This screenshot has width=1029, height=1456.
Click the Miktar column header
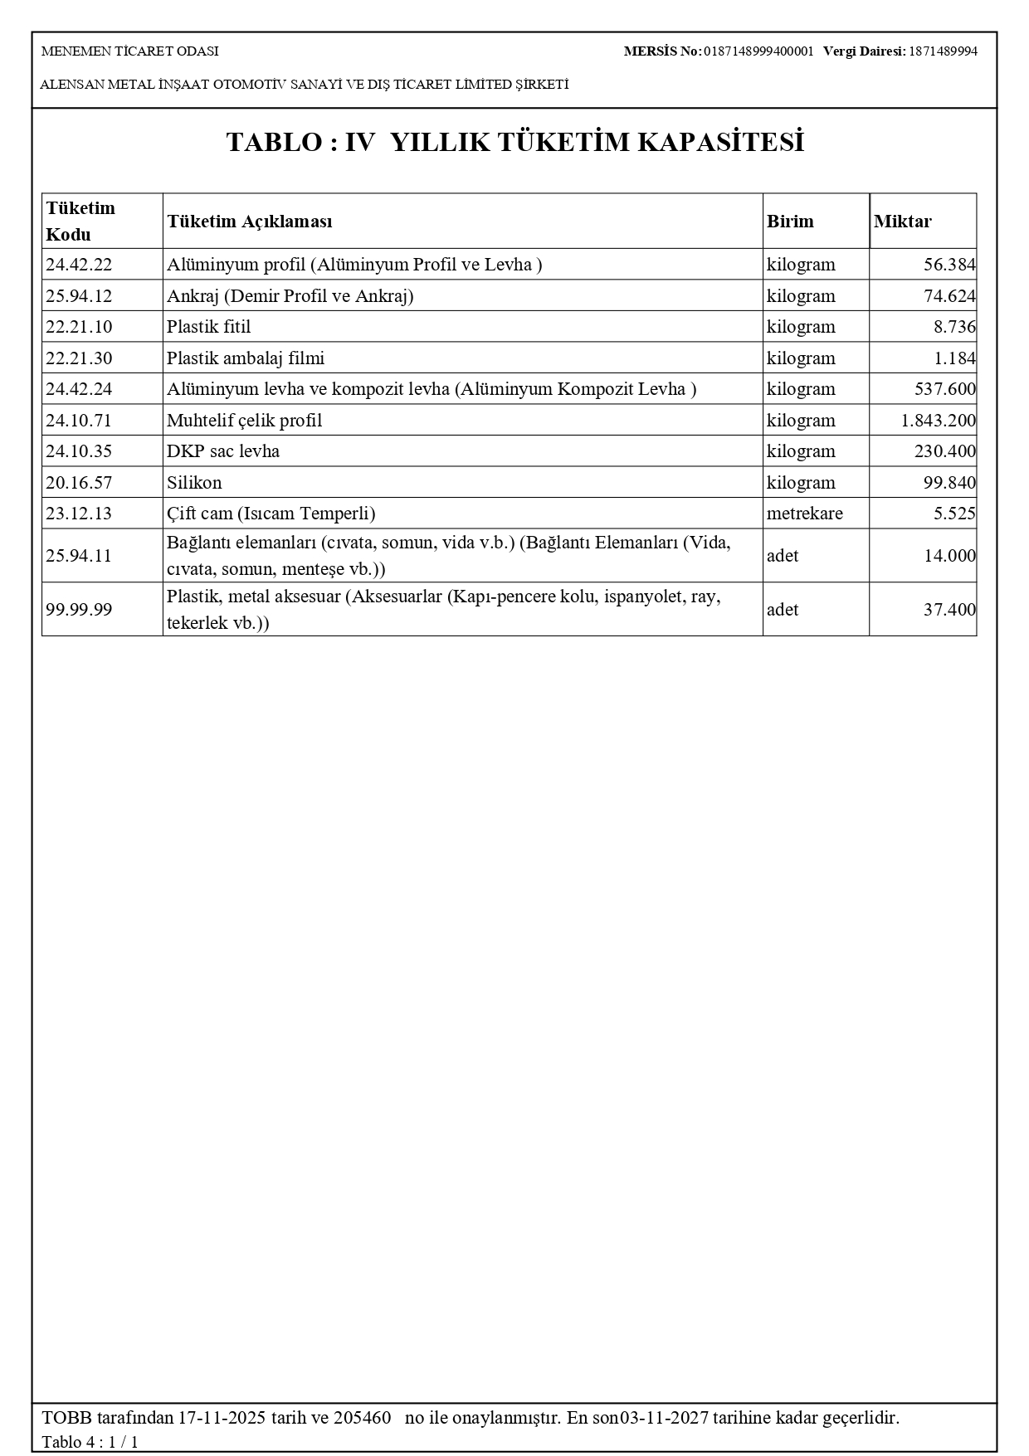point(902,222)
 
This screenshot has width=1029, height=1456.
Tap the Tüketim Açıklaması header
point(250,222)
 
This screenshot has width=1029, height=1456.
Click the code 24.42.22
point(79,265)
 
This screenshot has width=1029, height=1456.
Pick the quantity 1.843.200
point(938,421)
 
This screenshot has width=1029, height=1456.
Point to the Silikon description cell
point(194,483)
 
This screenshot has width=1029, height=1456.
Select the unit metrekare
point(804,514)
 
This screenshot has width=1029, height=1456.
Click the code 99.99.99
point(79,610)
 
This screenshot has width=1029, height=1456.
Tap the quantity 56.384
point(949,265)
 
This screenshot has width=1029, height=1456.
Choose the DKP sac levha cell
point(223,451)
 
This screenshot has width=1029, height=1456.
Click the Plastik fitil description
point(208,327)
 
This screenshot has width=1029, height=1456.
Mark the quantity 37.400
point(949,610)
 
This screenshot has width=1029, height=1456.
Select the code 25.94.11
point(79,556)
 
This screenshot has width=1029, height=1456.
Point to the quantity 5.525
point(954,514)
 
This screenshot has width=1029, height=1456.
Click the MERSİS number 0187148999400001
point(758,51)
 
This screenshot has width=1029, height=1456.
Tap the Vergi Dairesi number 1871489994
point(943,51)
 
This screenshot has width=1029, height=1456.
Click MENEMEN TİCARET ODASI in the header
point(130,51)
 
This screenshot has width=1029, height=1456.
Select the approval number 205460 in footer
point(362,1418)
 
